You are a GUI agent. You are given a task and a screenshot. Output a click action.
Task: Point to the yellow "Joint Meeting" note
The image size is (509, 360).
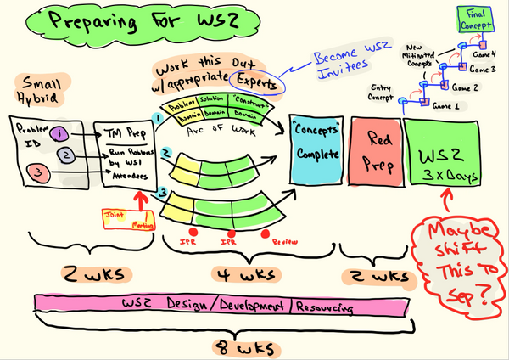(x=126, y=220)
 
